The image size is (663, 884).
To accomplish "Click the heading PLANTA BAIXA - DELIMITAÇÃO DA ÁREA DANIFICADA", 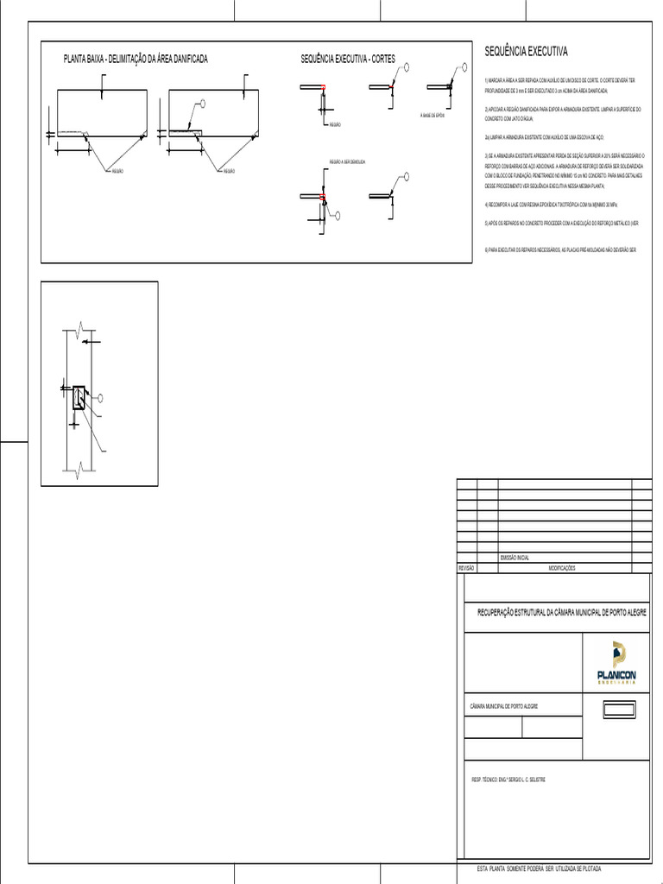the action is [x=136, y=59].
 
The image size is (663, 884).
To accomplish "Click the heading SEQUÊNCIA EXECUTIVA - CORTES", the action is [x=347, y=59].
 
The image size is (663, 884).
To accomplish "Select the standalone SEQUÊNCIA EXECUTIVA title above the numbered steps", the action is [x=526, y=52].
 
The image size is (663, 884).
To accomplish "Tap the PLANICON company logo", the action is [x=616, y=663].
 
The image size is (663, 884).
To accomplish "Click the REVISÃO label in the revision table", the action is [x=466, y=568].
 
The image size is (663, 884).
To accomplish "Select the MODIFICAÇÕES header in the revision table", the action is [x=566, y=568].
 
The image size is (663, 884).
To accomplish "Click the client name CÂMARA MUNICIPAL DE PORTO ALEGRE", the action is [x=504, y=706].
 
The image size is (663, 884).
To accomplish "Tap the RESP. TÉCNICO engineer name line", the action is [x=508, y=780].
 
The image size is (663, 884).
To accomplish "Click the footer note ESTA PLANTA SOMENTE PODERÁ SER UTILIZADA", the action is [x=540, y=867].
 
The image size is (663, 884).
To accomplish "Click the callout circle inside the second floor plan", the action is [x=203, y=104].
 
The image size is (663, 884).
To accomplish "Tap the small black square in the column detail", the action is [x=79, y=397].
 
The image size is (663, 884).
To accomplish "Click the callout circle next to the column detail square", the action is [x=101, y=397].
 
